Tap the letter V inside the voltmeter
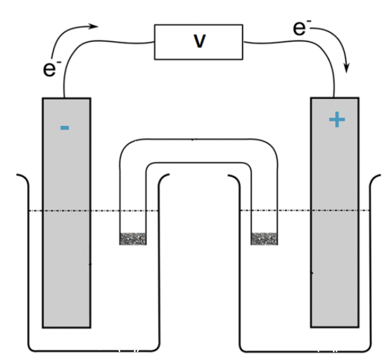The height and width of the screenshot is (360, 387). click(x=199, y=41)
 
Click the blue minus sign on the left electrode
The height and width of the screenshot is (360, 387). click(x=65, y=128)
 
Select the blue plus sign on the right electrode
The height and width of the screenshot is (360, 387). click(x=337, y=120)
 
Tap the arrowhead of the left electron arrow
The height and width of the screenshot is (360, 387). click(x=95, y=26)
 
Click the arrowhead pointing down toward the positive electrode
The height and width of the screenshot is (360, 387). click(x=347, y=67)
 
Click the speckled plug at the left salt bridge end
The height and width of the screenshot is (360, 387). click(x=133, y=239)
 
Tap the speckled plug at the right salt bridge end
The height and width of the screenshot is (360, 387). click(x=263, y=239)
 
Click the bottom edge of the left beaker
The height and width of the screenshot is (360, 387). click(x=93, y=349)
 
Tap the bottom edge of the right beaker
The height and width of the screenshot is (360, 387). click(x=305, y=349)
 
